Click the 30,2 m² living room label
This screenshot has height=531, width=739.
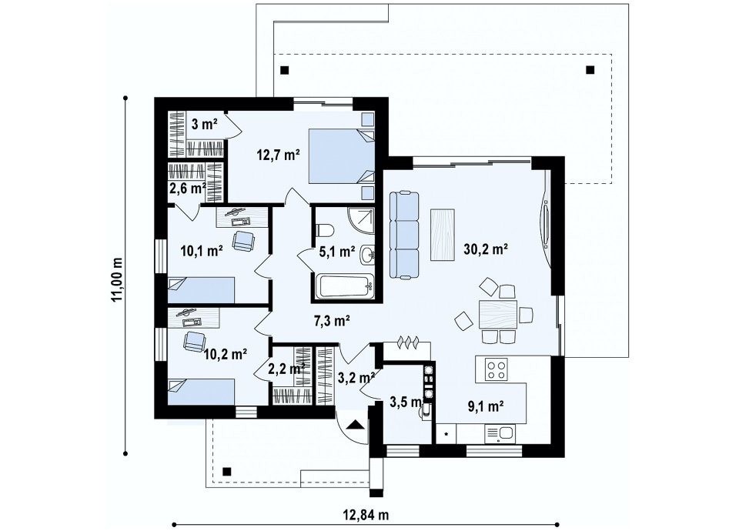[486, 249]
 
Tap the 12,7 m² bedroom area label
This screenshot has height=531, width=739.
[279, 155]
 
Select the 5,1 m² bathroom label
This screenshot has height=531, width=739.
[337, 252]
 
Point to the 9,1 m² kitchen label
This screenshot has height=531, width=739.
[487, 406]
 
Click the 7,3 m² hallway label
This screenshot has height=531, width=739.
[332, 322]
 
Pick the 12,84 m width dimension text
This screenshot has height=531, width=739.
[365, 515]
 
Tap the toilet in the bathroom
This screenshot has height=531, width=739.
[325, 230]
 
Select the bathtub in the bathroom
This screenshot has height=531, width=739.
[345, 286]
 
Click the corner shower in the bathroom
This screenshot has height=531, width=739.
[361, 221]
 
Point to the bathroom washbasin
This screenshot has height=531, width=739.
[367, 255]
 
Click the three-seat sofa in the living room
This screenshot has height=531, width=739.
[404, 235]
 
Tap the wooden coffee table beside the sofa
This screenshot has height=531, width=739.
[443, 235]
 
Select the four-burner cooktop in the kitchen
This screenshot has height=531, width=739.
[497, 369]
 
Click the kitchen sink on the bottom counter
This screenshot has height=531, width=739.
[500, 434]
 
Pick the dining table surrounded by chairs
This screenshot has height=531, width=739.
[498, 314]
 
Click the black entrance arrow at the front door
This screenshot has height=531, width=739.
[356, 425]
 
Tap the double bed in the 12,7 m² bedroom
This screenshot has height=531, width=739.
[342, 156]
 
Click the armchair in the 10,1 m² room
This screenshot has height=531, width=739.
[242, 240]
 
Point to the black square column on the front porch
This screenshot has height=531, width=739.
[226, 471]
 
